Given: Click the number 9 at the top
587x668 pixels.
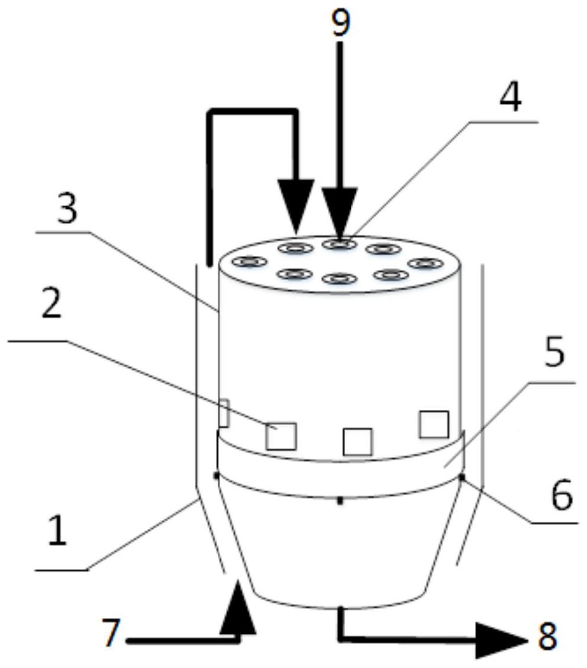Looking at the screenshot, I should click(x=340, y=21).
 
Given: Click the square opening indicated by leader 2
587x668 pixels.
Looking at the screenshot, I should click(x=281, y=436).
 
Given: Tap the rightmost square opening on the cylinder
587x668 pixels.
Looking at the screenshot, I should click(x=434, y=424).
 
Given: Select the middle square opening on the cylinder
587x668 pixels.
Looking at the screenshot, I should click(x=358, y=442).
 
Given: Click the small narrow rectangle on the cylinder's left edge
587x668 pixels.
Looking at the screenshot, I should click(x=224, y=413).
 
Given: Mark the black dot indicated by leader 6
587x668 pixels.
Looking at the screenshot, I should click(x=462, y=476).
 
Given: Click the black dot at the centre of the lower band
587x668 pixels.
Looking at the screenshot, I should click(x=340, y=501).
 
